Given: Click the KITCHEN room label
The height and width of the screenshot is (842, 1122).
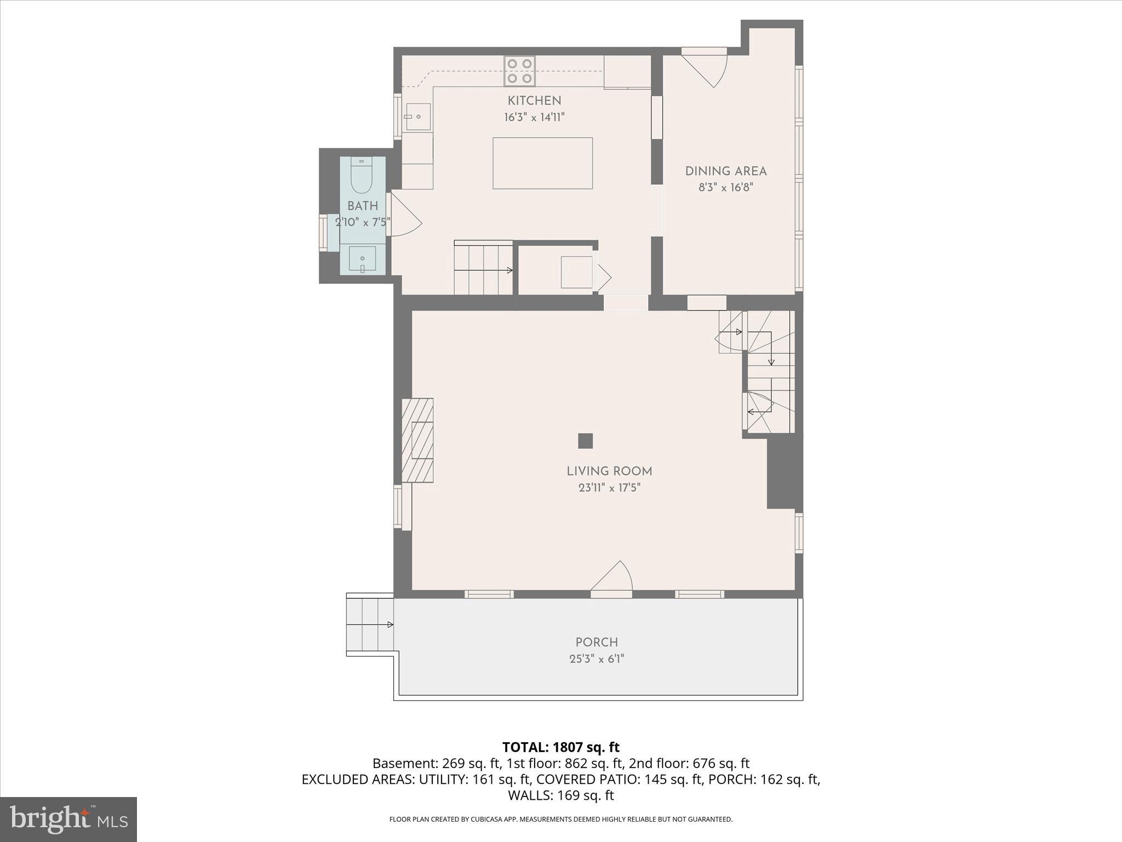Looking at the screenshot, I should click(x=534, y=101).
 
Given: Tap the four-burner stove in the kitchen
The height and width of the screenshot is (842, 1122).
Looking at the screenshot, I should click(x=519, y=71).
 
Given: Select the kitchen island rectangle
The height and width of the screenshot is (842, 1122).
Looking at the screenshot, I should click(x=542, y=163).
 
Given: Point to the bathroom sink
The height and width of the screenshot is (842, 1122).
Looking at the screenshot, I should click(x=362, y=259).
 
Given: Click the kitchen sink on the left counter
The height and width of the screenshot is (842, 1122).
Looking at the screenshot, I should click(x=417, y=117).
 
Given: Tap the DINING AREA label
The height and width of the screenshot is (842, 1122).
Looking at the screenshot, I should click(x=725, y=171).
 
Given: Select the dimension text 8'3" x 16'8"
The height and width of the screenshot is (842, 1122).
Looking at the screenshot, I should click(x=725, y=187).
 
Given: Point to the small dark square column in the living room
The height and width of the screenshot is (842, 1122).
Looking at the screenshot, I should click(x=585, y=441).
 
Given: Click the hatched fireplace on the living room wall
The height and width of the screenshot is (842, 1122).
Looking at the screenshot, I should click(x=417, y=440).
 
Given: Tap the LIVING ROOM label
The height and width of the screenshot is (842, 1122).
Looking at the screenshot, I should click(x=609, y=471).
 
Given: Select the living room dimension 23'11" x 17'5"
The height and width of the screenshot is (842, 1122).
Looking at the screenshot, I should click(x=609, y=488).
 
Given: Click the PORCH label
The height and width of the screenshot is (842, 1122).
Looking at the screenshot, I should click(x=597, y=642).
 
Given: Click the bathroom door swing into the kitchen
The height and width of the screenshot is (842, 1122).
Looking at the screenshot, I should click(x=404, y=215).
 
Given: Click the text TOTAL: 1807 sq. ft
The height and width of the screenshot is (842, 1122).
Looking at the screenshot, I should click(x=560, y=747).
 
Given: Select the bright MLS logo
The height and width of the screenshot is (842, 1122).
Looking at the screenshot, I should click(x=68, y=819).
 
